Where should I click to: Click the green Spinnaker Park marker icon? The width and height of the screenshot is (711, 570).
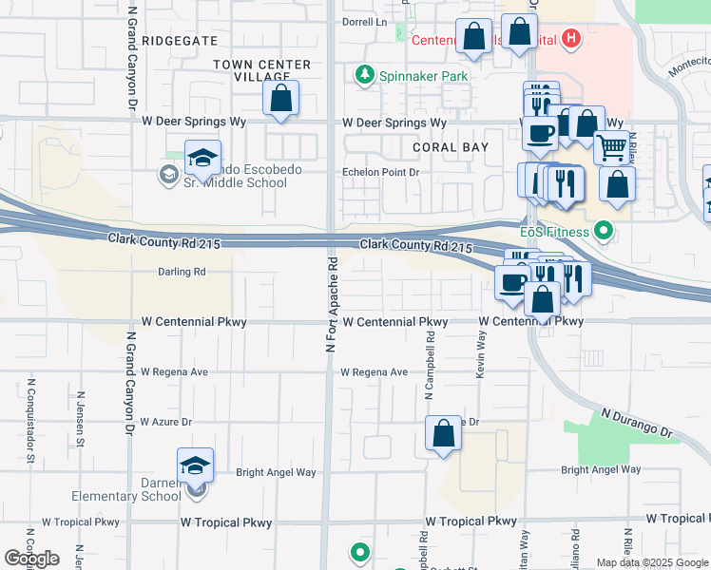click(x=362, y=74)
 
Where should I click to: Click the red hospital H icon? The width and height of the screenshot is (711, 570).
click(x=570, y=39)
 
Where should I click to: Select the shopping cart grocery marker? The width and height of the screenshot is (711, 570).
click(x=611, y=147)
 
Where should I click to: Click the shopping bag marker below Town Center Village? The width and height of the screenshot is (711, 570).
click(x=280, y=98)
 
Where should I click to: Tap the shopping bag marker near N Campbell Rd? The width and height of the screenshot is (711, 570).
click(x=443, y=434)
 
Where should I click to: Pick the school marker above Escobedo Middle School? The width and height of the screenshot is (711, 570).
click(x=202, y=159)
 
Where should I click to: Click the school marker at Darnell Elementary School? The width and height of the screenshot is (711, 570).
click(x=195, y=466)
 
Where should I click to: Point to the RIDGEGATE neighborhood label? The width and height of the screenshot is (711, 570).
click(x=180, y=42)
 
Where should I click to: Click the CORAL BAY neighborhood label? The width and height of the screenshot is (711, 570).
click(x=451, y=147)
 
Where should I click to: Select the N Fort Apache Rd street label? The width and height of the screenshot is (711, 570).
click(x=332, y=304)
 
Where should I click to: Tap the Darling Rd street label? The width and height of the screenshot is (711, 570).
click(x=182, y=272)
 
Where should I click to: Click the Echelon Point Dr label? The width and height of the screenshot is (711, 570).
click(x=381, y=173)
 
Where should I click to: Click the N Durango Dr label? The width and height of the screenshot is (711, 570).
click(x=636, y=424)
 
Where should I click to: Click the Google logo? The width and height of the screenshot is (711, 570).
click(x=31, y=559)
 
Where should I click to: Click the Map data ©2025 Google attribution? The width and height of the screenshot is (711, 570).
click(x=652, y=562)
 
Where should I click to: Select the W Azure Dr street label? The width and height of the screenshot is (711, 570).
click(x=166, y=421)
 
